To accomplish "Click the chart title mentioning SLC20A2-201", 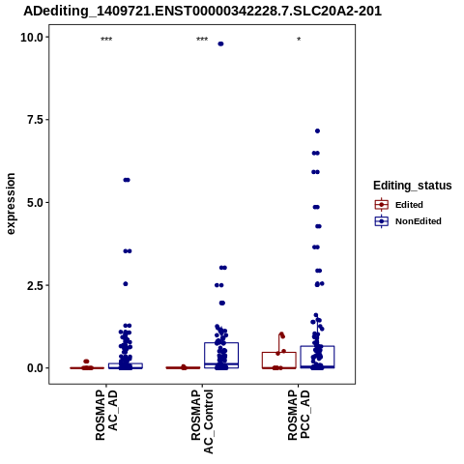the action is click(202, 12).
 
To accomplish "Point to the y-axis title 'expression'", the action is click(11, 204).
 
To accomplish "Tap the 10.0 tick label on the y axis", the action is click(32, 38).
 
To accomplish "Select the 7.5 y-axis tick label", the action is click(35, 120).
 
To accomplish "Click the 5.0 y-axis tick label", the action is click(35, 203).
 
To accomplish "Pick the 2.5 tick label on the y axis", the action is click(35, 285).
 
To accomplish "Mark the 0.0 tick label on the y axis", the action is click(35, 368).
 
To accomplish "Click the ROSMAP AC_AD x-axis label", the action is click(106, 415).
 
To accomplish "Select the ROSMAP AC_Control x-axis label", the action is click(202, 421).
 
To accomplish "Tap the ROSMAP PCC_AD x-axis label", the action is click(299, 415).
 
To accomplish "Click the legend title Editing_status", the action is click(413, 186).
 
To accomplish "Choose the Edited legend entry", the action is click(399, 205).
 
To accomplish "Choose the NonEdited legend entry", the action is click(408, 221).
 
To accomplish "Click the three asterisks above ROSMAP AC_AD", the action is click(106, 40).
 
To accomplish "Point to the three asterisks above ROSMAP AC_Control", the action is click(202, 40).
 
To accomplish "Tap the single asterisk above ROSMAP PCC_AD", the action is click(299, 40).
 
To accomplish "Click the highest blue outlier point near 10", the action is click(220, 43).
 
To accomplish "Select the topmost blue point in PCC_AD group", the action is click(317, 130).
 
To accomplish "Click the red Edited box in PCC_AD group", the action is click(279, 352).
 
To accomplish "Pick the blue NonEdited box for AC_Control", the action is click(221, 343).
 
